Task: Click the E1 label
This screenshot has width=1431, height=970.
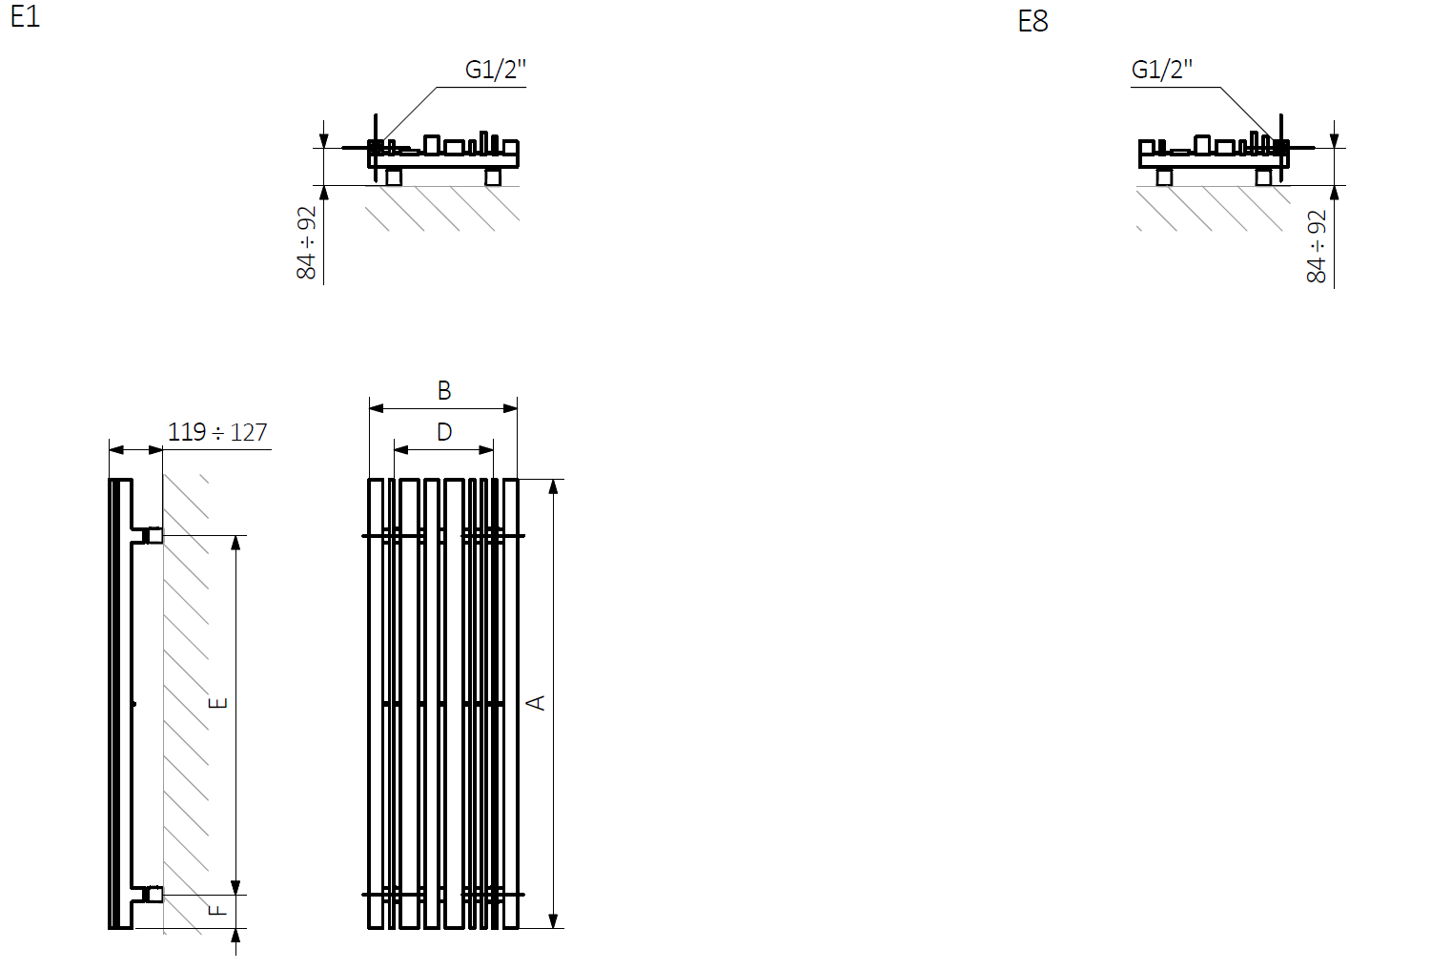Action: (x=26, y=16)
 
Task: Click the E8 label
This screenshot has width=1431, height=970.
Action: (x=1032, y=21)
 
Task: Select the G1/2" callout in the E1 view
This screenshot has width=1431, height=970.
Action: (x=495, y=69)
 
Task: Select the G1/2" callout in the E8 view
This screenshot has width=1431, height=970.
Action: (x=1161, y=69)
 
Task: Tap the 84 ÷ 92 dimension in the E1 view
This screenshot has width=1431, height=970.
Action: (x=307, y=243)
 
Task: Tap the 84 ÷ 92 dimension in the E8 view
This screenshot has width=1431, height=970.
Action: (x=1317, y=247)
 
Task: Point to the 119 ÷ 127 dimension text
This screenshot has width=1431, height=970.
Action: (x=217, y=432)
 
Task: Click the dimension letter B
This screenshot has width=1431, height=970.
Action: (x=444, y=390)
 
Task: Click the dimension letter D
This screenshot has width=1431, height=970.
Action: (x=444, y=433)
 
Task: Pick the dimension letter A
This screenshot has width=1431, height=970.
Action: (x=536, y=703)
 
